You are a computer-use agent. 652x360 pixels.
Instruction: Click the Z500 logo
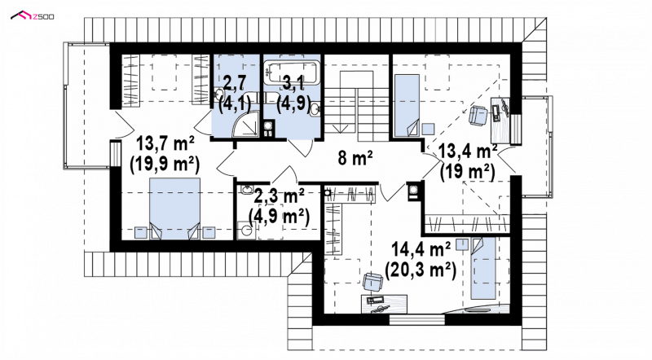tap(32, 16)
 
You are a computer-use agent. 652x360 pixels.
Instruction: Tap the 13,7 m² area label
tap(165, 144)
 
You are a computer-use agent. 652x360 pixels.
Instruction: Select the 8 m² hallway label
tap(355, 158)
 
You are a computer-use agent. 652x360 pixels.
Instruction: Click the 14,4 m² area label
tap(421, 250)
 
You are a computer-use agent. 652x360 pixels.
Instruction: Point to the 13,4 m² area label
tap(468, 151)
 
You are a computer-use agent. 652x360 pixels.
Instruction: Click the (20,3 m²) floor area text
tap(421, 270)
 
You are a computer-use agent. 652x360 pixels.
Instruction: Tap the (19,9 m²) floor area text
tap(165, 165)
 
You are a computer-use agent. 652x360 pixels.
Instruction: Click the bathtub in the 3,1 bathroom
tap(292, 72)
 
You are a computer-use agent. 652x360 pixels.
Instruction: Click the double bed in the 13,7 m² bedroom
tap(174, 209)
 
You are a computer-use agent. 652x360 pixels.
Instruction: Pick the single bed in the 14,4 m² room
tap(483, 268)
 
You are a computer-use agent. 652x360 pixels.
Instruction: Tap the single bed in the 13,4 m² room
tap(407, 106)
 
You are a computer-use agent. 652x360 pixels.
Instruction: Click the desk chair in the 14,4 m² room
tap(372, 282)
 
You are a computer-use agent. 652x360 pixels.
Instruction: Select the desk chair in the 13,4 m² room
tap(478, 115)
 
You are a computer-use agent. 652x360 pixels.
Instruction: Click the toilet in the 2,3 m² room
tap(245, 230)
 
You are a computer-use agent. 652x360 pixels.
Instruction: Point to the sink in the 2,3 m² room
tap(247, 190)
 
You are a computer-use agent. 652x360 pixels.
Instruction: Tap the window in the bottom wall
tap(417, 319)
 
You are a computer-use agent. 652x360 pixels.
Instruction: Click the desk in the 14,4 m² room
tap(384, 305)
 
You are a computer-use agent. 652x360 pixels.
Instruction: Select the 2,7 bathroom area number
tap(235, 82)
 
